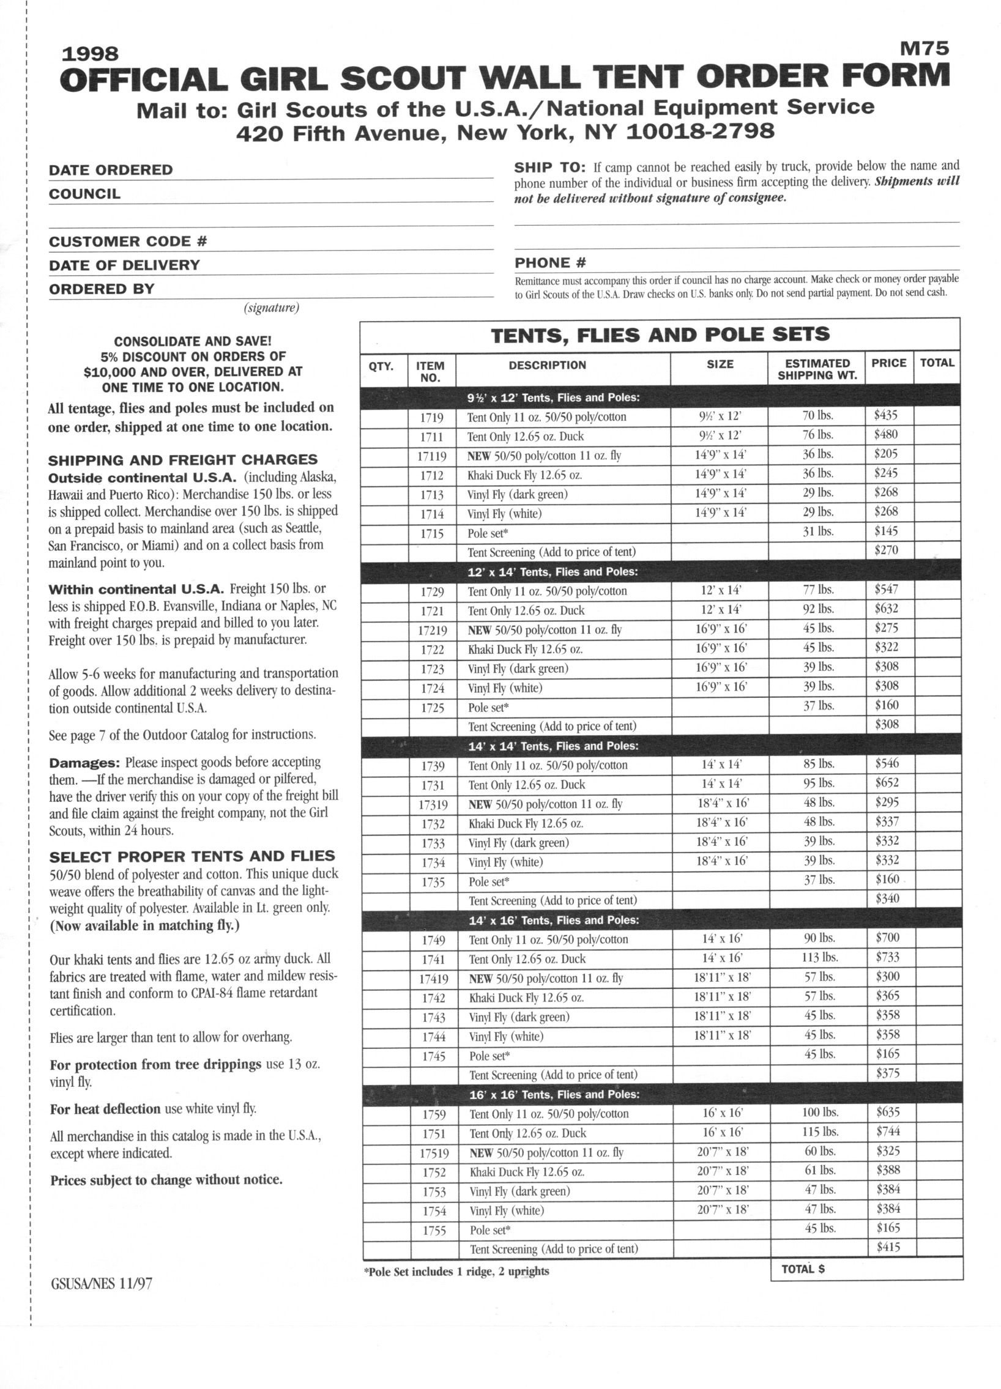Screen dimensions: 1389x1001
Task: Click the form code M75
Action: pos(925,48)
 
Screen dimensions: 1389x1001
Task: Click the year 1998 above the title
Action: pos(91,54)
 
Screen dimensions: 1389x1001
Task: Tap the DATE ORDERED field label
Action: pos(111,169)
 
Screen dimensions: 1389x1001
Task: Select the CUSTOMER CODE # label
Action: pos(128,242)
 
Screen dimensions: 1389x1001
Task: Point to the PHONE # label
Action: pos(550,264)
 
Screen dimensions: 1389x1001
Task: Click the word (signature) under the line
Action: pos(272,308)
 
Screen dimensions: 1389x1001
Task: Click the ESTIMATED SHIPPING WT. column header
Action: pos(817,369)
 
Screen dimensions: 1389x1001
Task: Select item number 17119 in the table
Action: pos(432,456)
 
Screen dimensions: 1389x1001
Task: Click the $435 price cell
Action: pos(886,415)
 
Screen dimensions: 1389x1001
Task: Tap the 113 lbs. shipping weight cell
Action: pos(820,957)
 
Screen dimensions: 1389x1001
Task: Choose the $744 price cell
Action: pos(888,1131)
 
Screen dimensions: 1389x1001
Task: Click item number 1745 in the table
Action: pos(433,1056)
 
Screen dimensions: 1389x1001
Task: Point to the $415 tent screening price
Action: pos(888,1247)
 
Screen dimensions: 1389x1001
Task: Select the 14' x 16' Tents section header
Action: pos(554,920)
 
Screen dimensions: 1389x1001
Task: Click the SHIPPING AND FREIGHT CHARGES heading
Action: pos(183,459)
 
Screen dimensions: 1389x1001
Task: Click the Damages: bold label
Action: pos(84,763)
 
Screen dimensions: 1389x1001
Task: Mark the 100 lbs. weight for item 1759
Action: pos(820,1112)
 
